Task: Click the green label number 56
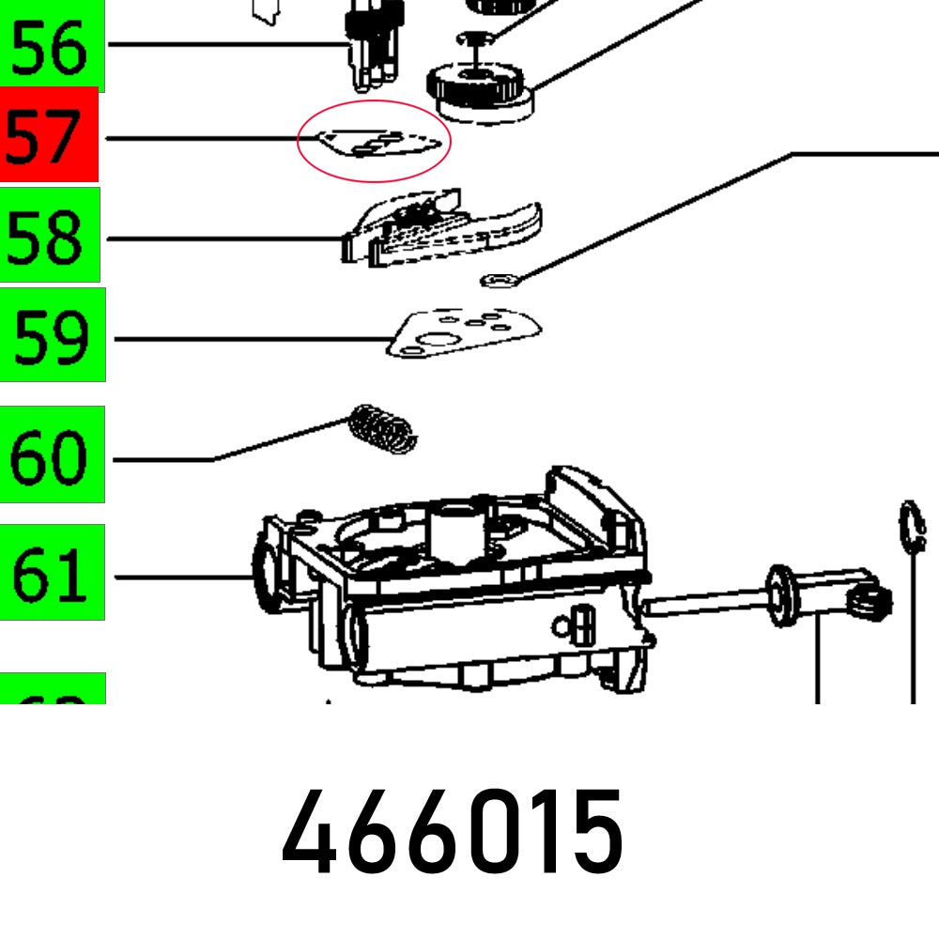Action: [x=51, y=47]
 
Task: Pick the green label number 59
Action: [x=52, y=335]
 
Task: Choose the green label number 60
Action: [x=52, y=455]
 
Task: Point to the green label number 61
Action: [x=52, y=573]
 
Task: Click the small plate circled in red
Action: [x=376, y=142]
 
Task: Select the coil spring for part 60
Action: [x=383, y=427]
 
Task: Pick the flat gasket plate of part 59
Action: [x=465, y=334]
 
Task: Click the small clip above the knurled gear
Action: [x=478, y=38]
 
